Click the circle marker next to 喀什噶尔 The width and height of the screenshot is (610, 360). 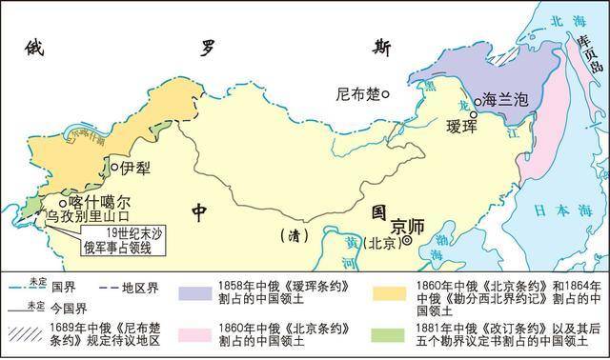[x=63, y=203]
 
